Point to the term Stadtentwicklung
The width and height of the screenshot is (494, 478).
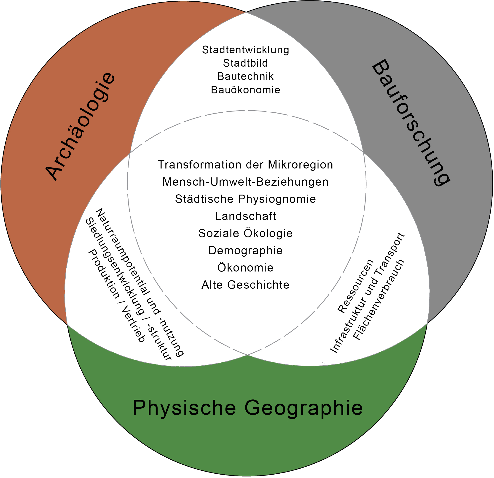(245, 50)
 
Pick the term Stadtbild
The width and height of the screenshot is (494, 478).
(245, 63)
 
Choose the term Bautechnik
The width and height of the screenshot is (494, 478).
(245, 76)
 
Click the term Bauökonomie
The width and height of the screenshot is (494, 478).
(245, 90)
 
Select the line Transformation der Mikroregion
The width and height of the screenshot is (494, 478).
(245, 165)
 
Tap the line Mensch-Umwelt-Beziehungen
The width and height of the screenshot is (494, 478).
(245, 182)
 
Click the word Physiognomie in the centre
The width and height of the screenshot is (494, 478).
(277, 199)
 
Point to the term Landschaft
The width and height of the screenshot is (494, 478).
(245, 216)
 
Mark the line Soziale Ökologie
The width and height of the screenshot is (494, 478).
(245, 233)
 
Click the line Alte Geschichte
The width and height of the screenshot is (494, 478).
(245, 285)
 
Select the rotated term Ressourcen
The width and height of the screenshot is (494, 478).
(355, 286)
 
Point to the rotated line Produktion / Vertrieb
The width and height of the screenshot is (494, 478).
(116, 295)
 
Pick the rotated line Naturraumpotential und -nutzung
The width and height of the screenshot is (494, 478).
(140, 282)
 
